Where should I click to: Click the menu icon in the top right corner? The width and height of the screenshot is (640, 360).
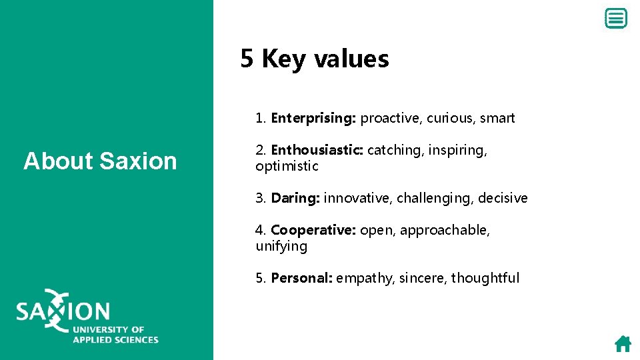[x=615, y=19]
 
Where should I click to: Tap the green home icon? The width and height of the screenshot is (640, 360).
[x=623, y=344]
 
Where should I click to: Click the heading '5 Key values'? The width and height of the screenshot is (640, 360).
[x=315, y=59]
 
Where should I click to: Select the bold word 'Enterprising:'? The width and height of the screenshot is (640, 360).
[x=313, y=119]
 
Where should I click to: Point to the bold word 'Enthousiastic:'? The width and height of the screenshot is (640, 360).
[x=317, y=151]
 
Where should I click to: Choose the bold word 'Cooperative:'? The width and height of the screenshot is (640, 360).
[x=313, y=231]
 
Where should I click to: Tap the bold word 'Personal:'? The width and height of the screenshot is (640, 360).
[x=301, y=279]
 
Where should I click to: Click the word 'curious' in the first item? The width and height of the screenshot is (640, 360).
[x=449, y=119]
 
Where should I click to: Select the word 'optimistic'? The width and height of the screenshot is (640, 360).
[x=287, y=167]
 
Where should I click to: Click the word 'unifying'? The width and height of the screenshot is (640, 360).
[x=281, y=247]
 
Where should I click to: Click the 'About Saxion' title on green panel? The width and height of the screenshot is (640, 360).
[x=100, y=161]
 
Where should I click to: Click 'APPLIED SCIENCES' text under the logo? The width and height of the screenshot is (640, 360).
[x=115, y=339]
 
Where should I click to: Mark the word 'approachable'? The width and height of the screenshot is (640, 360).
[x=444, y=231]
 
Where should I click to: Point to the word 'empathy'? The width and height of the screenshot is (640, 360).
[x=365, y=279]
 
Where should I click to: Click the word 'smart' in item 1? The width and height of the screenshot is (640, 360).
[x=497, y=119]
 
